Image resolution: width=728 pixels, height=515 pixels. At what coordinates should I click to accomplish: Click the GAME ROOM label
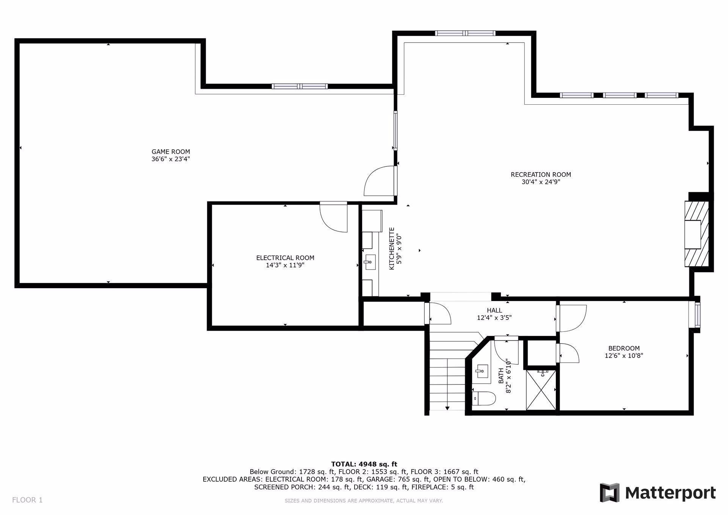click(171, 152)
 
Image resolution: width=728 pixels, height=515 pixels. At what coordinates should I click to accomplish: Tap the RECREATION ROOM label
click(541, 174)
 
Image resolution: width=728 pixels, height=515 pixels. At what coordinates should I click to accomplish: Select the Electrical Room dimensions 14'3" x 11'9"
click(285, 265)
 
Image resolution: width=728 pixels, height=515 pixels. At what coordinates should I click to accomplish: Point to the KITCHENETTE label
click(392, 249)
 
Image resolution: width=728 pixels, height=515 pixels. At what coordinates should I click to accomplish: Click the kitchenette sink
click(370, 261)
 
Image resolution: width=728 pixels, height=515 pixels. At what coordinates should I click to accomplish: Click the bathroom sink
click(482, 371)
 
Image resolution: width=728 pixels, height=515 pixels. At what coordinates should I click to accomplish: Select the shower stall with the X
click(541, 390)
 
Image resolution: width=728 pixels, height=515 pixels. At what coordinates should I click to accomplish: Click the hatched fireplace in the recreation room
click(697, 234)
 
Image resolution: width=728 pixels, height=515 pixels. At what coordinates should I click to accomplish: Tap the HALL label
click(494, 311)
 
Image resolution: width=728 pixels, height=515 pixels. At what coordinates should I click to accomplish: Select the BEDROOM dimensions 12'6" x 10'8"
click(624, 356)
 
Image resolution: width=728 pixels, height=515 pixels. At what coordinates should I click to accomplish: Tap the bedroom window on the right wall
click(697, 315)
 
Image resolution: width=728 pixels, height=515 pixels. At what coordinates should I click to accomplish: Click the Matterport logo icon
click(609, 493)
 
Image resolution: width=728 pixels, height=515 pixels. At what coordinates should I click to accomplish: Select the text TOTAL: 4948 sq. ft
click(364, 464)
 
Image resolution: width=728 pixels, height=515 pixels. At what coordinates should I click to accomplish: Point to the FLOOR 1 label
click(27, 500)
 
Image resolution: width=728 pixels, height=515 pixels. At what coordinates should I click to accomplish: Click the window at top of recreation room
click(465, 33)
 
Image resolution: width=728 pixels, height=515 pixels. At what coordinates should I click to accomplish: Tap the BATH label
click(501, 375)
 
